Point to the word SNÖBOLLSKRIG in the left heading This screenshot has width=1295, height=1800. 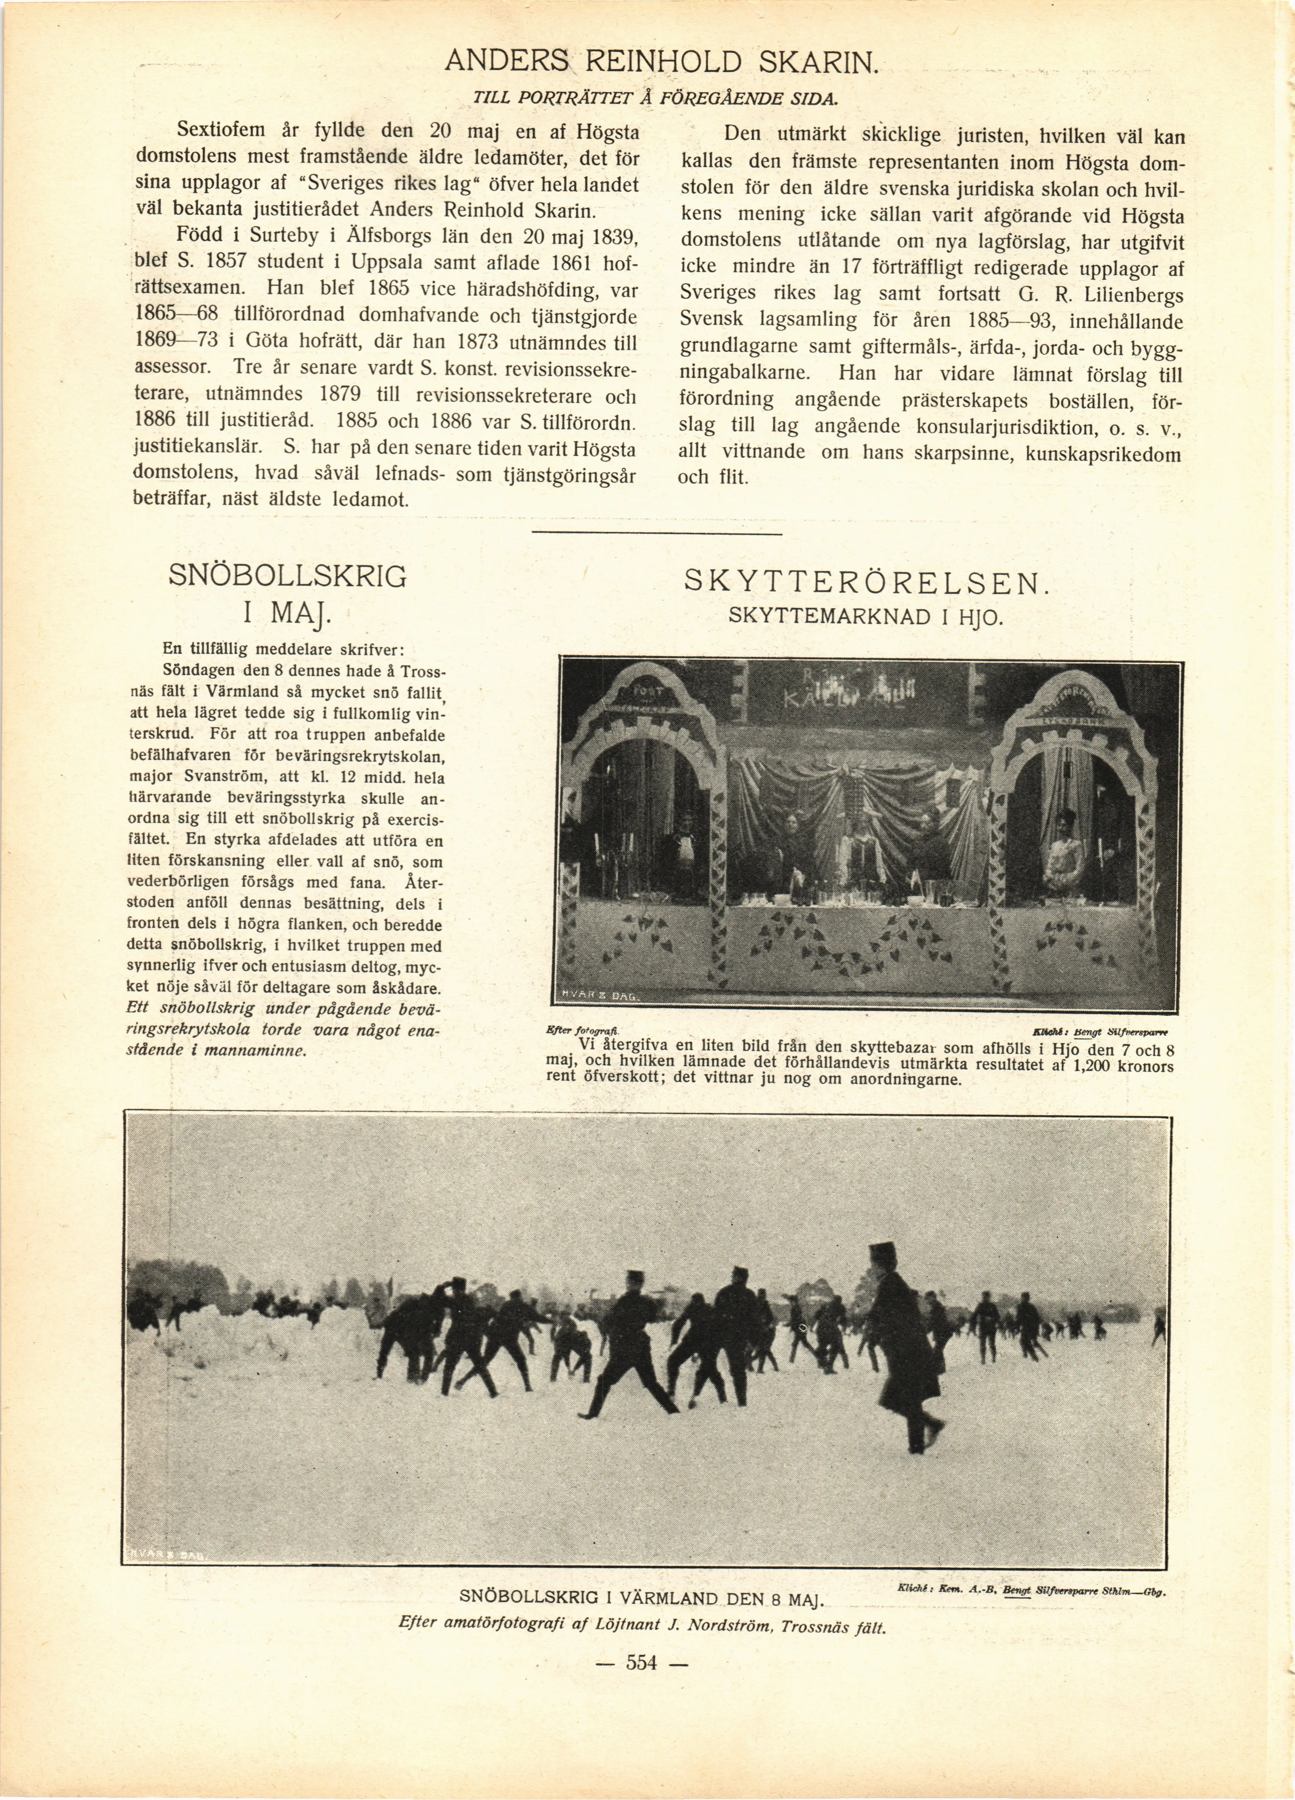point(287,576)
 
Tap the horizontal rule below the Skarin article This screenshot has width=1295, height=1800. point(656,532)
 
